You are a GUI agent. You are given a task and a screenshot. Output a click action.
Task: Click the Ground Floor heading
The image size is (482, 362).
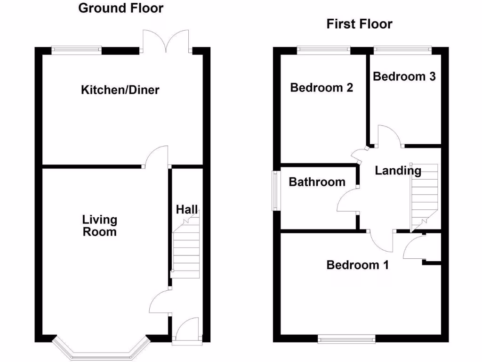click(120, 8)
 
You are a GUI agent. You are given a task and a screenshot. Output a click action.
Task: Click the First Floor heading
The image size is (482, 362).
click(359, 24)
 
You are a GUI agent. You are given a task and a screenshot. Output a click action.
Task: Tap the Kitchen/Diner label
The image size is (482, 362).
click(120, 90)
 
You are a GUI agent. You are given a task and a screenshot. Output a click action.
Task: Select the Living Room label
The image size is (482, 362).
click(99, 225)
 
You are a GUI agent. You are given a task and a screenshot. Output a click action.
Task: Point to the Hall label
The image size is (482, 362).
click(187, 209)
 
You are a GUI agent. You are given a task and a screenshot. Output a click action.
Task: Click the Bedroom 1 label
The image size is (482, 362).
click(357, 265)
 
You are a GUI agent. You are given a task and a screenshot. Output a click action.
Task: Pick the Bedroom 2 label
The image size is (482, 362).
click(321, 88)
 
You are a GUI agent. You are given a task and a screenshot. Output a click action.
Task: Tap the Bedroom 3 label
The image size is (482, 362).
click(404, 76)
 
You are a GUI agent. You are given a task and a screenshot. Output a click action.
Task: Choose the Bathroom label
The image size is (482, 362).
click(317, 182)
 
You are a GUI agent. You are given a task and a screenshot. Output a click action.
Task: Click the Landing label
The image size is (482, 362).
click(398, 171)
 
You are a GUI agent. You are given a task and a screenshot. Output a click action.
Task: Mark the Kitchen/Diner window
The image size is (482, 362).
click(76, 49)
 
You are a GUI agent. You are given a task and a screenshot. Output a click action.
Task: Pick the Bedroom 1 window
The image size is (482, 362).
click(346, 338)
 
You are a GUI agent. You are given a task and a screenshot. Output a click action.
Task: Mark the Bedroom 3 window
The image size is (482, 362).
click(402, 48)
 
